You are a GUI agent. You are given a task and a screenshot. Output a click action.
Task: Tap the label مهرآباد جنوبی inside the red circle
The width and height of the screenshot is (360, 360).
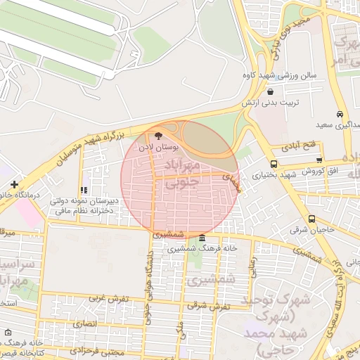coord(181,172)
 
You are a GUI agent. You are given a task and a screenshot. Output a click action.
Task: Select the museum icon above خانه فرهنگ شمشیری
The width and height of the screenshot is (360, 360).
coord(202,238)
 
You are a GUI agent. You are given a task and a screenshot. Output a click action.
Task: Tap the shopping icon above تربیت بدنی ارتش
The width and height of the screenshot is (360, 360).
coord(271,91)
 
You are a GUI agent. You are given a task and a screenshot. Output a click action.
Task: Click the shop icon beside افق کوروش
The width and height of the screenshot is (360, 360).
coord(320,161)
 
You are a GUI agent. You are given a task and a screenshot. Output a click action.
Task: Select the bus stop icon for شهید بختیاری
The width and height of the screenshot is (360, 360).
coord(274,165)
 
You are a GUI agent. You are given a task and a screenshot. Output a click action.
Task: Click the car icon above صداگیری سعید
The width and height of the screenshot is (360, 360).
coord(340,114)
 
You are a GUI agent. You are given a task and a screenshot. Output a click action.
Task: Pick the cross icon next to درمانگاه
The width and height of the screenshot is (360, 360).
coord(14,184)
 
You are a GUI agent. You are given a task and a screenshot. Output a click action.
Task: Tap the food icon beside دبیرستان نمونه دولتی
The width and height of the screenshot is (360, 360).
coord(84,190)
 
